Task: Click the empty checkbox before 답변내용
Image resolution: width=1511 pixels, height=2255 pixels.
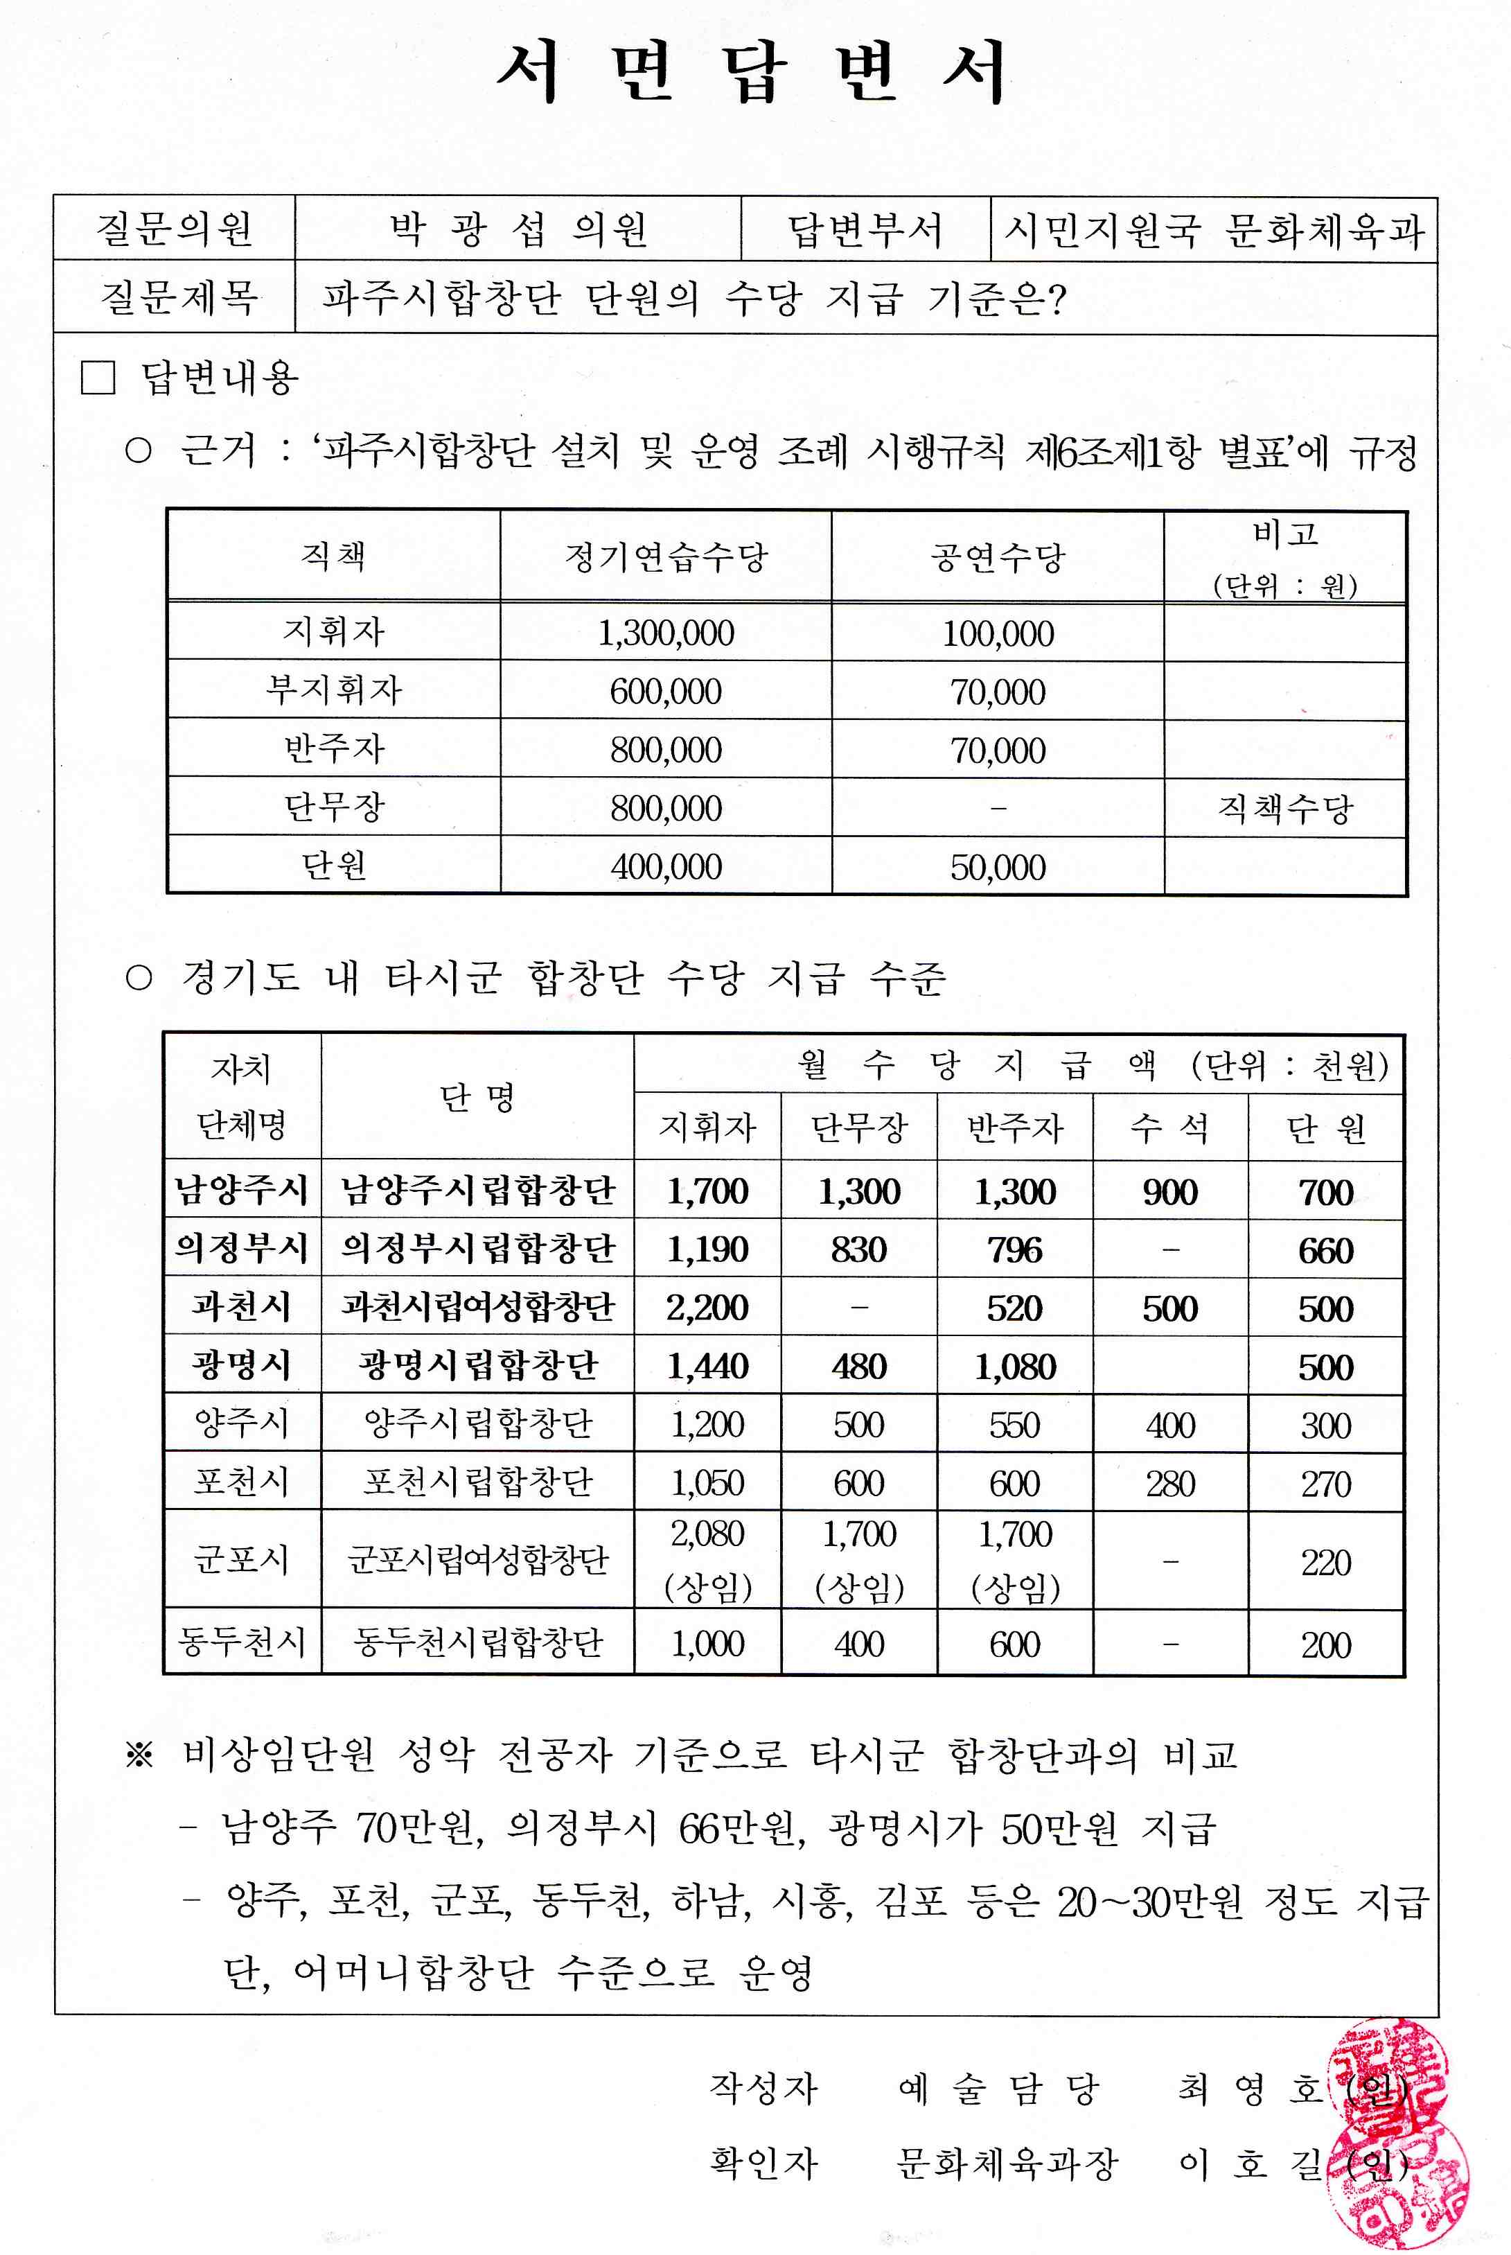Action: [x=98, y=378]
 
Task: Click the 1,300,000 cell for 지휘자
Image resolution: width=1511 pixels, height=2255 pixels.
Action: [x=666, y=633]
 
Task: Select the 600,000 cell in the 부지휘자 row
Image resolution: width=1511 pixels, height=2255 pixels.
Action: [x=666, y=691]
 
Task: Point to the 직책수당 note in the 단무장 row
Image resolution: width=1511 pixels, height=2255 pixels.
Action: [x=1286, y=807]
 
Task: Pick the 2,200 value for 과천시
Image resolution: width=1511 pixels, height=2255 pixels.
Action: [x=707, y=1308]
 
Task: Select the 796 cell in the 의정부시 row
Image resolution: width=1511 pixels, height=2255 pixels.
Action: [x=1015, y=1250]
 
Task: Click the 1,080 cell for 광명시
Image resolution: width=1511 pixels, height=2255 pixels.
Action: [x=1015, y=1367]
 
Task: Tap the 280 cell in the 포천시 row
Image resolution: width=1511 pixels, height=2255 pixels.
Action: [x=1170, y=1483]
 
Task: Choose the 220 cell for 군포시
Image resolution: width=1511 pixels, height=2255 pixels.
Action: [x=1326, y=1562]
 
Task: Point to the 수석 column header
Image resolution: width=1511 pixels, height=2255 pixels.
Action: [x=1170, y=1127]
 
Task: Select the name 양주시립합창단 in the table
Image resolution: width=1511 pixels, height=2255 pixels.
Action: [x=478, y=1423]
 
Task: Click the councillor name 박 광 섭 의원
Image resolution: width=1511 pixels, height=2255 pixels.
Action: [x=518, y=230]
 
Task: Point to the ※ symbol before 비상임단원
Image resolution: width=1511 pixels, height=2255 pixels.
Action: [x=140, y=1755]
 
